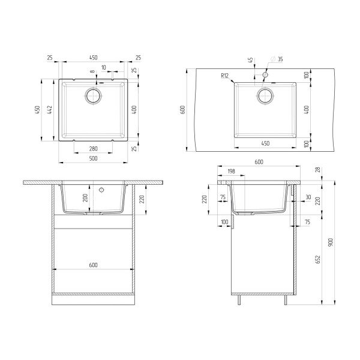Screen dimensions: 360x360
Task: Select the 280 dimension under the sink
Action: click(93, 149)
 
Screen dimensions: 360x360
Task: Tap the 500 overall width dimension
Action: click(93, 160)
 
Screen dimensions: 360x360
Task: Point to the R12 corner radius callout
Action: click(225, 75)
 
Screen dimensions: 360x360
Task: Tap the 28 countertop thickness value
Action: click(317, 170)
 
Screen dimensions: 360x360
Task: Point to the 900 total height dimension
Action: click(330, 242)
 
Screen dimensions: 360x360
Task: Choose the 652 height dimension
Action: click(317, 258)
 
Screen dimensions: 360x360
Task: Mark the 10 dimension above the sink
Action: click(104, 67)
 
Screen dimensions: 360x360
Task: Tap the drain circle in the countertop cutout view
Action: click(265, 95)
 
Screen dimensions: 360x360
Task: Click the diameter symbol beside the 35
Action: click(274, 59)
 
